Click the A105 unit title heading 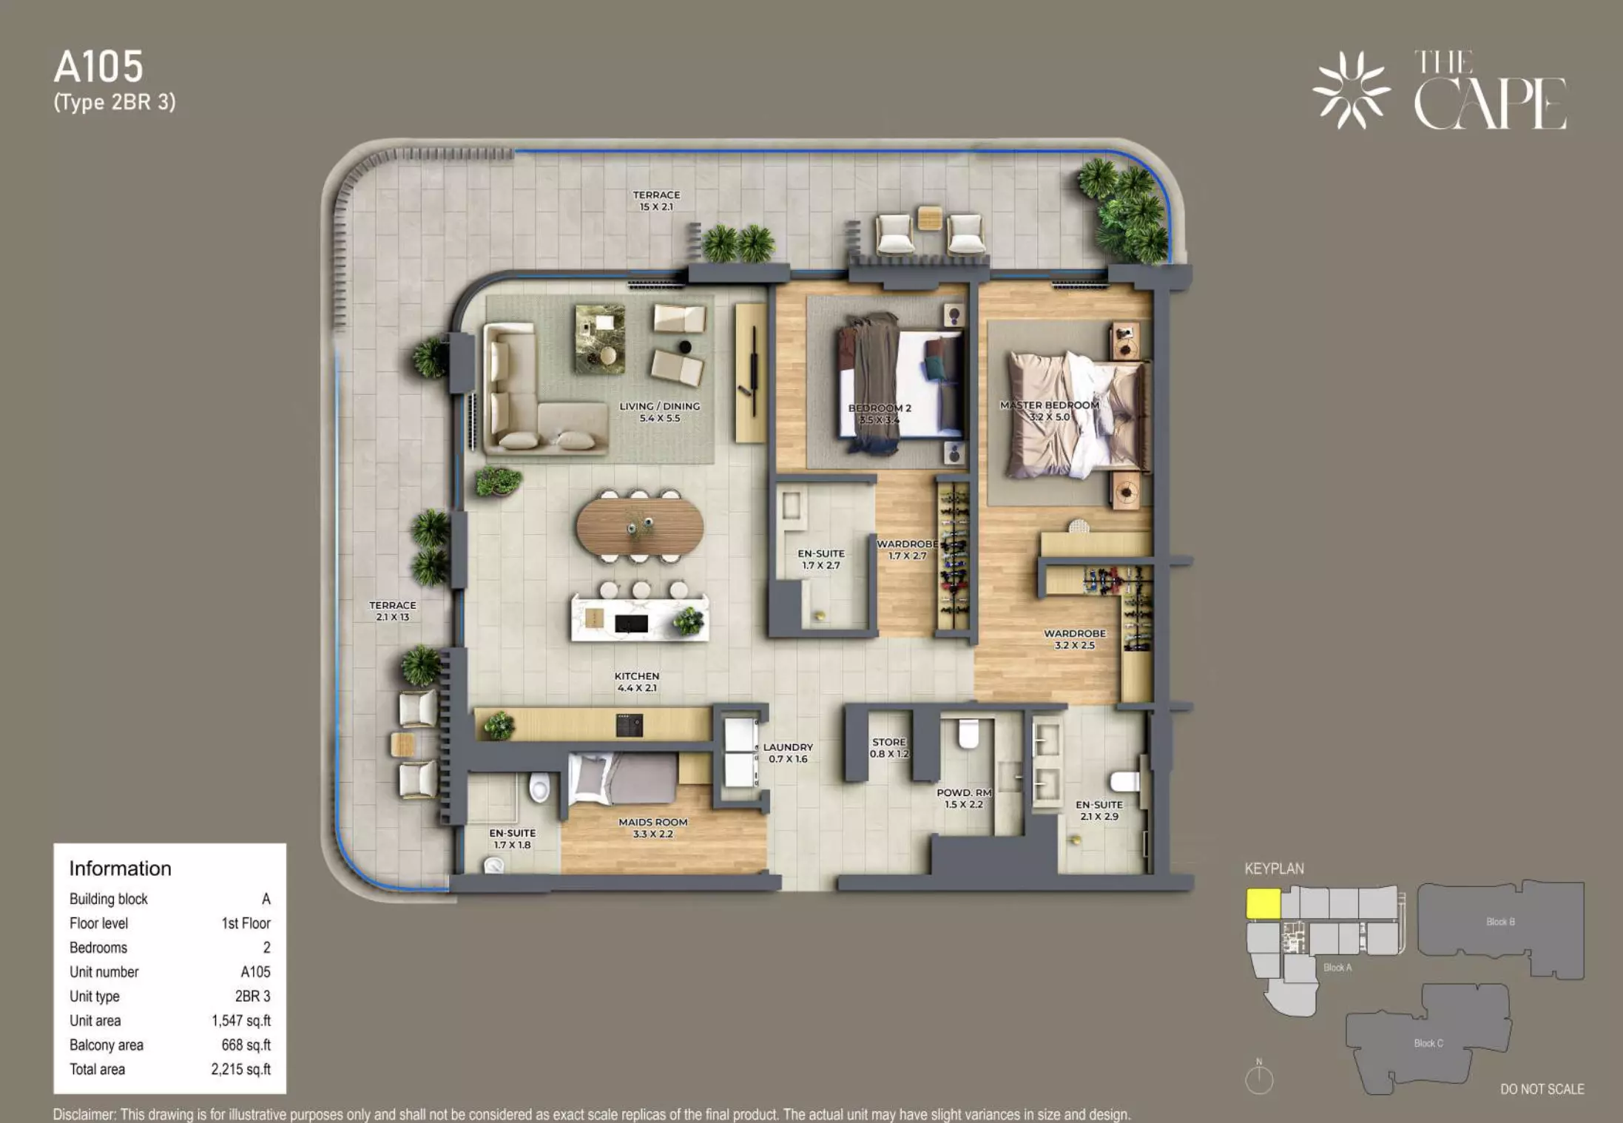click(x=98, y=67)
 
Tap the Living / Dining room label click(x=659, y=412)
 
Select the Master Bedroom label click(x=1050, y=411)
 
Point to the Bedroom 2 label click(x=880, y=414)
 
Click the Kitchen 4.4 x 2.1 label click(x=637, y=682)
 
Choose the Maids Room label click(x=653, y=828)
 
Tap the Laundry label click(x=788, y=753)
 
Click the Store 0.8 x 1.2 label click(x=889, y=748)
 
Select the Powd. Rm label click(x=964, y=798)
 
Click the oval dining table click(x=640, y=526)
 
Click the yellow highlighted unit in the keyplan click(x=1263, y=903)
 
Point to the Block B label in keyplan click(x=1500, y=922)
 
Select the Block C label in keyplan click(x=1428, y=1043)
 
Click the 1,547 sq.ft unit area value click(x=241, y=1021)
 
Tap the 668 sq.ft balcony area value click(x=246, y=1045)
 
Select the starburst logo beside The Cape click(x=1351, y=90)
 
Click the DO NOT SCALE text click(x=1542, y=1089)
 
